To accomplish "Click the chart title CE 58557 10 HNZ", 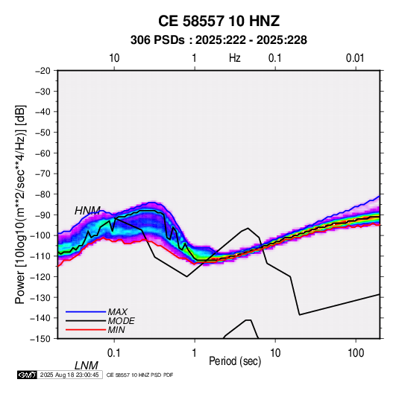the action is coord(219,21).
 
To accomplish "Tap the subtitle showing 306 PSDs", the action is coord(219,40).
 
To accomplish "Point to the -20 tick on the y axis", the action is coord(43,71).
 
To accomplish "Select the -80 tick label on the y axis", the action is coord(43,194).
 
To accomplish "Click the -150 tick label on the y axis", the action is coord(41,339).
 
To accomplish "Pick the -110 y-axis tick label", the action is coord(41,256).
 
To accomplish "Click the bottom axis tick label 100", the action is coord(356,353).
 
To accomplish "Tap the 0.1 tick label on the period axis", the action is coord(114,353).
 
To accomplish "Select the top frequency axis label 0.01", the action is coord(355,58).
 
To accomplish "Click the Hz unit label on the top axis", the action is coord(235,58).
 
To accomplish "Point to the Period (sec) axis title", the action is coord(235,361).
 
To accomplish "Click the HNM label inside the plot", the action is coord(87,211).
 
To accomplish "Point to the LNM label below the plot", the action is coord(87,366).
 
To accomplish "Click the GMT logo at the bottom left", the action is coord(27,375).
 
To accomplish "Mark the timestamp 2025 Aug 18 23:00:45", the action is coord(69,375).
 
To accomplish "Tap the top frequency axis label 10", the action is coord(114,58).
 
